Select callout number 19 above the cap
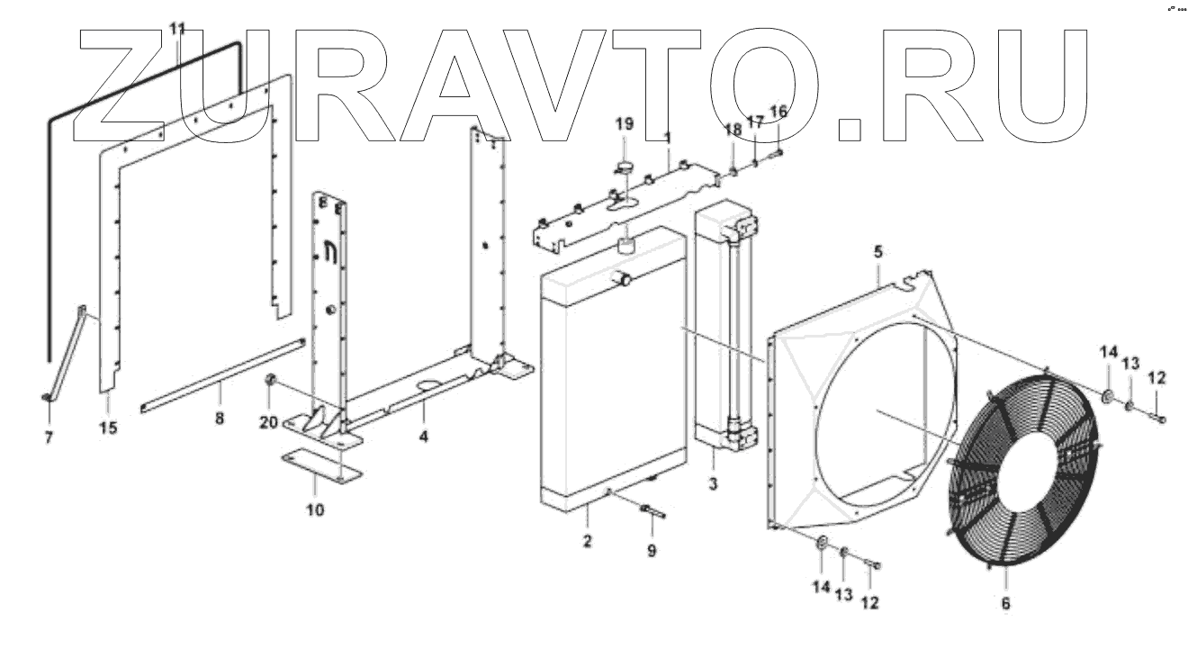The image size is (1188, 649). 625,123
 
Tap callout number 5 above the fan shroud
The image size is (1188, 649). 878,254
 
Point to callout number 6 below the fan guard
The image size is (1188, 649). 1005,604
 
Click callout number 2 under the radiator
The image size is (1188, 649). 587,541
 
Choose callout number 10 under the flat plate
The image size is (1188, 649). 315,510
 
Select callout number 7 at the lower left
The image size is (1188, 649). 49,437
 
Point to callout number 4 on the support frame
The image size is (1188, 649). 423,437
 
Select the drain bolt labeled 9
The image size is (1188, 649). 653,514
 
